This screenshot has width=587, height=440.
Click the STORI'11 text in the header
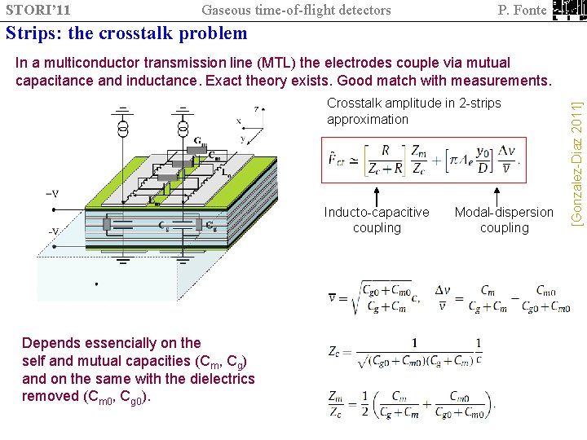(x=37, y=10)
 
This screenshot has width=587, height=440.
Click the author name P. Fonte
(x=521, y=10)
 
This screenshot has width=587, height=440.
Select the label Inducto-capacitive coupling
(x=377, y=220)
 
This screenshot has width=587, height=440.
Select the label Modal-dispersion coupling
(x=504, y=220)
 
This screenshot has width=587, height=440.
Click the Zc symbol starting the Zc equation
(x=334, y=351)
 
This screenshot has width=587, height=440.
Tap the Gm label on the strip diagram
(x=199, y=143)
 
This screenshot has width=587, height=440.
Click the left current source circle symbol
(x=123, y=130)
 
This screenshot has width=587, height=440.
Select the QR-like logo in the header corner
(x=568, y=10)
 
